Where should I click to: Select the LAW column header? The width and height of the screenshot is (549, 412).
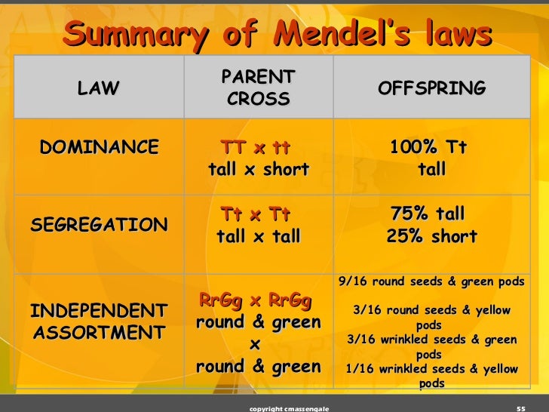[x=98, y=88]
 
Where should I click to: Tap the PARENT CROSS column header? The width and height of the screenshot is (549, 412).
[x=258, y=88]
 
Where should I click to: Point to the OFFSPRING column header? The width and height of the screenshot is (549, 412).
[x=431, y=88]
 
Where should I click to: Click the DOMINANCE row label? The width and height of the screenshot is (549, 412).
[x=100, y=146]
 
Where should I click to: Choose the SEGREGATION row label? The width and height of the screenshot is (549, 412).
[x=99, y=225]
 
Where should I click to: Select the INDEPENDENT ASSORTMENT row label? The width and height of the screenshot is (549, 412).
[x=98, y=321]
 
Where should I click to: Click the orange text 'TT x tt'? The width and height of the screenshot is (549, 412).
[x=256, y=146]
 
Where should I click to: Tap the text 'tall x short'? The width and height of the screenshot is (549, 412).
[x=258, y=170]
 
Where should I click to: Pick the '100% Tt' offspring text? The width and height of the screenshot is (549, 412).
[x=428, y=146]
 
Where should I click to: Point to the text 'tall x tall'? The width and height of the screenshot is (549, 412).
[x=258, y=237]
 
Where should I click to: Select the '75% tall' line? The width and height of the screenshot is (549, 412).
[x=428, y=214]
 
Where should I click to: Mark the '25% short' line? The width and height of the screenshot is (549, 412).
[x=431, y=237]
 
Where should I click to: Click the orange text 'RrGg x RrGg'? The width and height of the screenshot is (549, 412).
[x=255, y=300]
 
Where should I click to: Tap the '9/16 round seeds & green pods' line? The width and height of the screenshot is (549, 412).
[x=431, y=281]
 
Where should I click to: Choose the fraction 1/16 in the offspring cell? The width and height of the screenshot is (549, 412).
[x=359, y=369]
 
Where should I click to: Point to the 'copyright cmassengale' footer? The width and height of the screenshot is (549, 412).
[x=288, y=407]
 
